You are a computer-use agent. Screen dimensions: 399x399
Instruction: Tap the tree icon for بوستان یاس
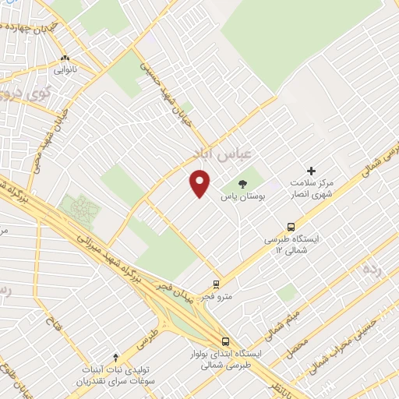(x=243, y=185)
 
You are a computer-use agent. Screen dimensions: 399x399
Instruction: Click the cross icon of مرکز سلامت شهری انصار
(x=311, y=171)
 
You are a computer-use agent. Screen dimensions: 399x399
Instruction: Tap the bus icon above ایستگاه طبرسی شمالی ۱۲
(x=291, y=228)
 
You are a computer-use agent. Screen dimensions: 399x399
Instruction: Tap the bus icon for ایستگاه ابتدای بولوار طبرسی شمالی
(x=225, y=341)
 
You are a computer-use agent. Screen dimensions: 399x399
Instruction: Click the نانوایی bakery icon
(x=65, y=58)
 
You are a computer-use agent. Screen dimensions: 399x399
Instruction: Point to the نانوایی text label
(x=65, y=70)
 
